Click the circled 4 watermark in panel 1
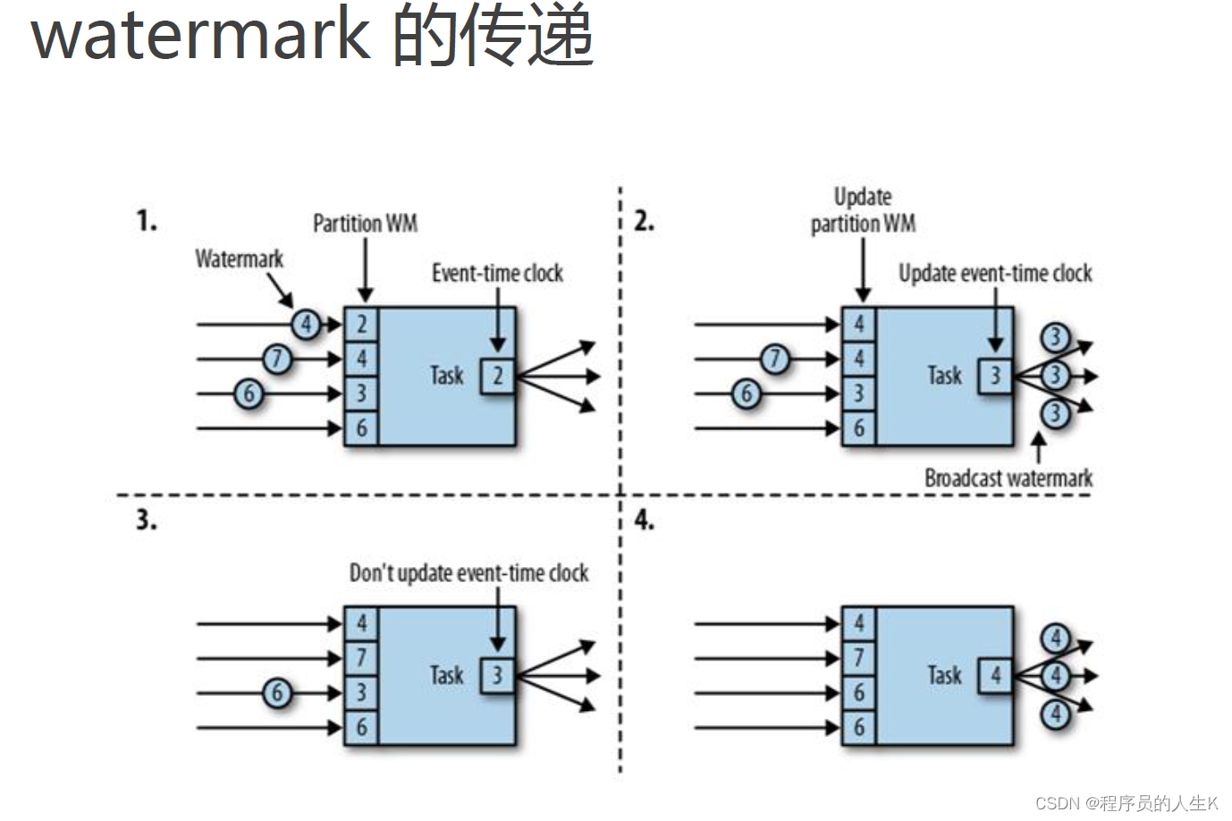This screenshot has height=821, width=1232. [x=306, y=324]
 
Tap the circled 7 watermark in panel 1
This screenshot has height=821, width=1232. [x=277, y=359]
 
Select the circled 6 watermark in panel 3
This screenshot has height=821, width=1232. [x=277, y=692]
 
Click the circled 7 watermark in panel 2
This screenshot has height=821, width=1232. [x=775, y=359]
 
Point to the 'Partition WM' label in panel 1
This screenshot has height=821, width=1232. [x=365, y=224]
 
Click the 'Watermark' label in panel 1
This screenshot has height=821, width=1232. [x=239, y=259]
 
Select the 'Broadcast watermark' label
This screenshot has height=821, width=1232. [x=1008, y=478]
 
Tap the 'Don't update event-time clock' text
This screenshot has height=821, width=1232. [x=468, y=572]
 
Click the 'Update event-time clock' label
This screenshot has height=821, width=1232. [x=995, y=273]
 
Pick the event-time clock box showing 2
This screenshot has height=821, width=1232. [x=498, y=376]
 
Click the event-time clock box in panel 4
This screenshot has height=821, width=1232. [x=995, y=675]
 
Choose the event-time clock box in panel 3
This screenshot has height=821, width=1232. [x=498, y=675]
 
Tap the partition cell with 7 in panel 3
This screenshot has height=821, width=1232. [x=361, y=658]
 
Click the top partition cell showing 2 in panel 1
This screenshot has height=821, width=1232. [x=361, y=324]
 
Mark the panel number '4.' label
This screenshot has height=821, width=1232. [x=644, y=520]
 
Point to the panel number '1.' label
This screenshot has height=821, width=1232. [x=147, y=220]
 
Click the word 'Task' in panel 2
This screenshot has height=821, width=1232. [x=944, y=376]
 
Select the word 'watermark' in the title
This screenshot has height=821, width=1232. [x=200, y=36]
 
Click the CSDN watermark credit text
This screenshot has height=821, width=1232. [x=1127, y=803]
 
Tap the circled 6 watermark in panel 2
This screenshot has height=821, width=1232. [x=747, y=394]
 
